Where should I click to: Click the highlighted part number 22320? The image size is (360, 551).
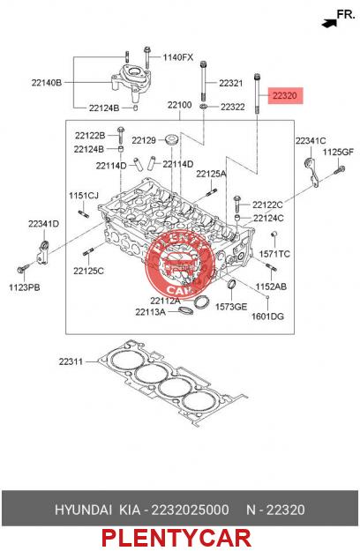pos(285,95)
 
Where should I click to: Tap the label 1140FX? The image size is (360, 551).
pos(178,57)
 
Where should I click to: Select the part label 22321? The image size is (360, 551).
pos(230,83)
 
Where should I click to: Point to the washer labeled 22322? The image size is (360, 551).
pos(204,106)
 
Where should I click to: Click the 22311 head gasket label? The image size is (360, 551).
pos(71,361)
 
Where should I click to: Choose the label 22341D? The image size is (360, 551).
pos(43,224)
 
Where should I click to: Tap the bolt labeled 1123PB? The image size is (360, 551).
pos(21,270)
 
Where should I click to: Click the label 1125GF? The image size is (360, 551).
pos(338,153)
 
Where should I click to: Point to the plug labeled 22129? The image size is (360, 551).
pos(172,139)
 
